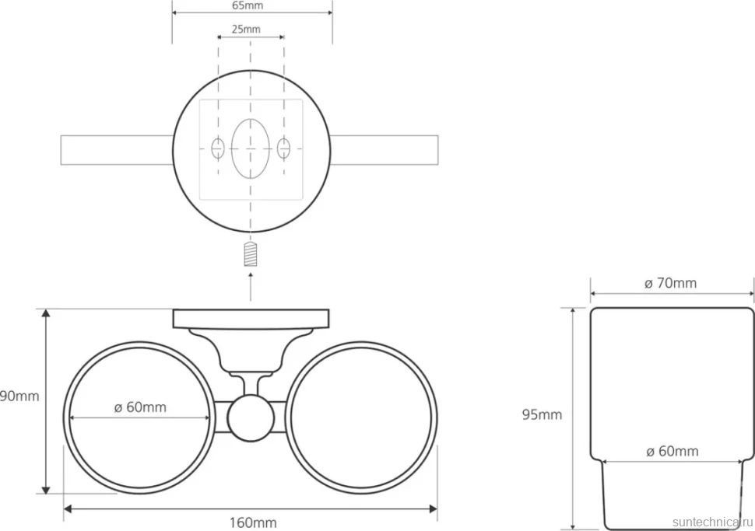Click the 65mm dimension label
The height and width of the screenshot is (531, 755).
tap(248, 5)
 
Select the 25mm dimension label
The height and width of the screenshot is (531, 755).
tap(246, 30)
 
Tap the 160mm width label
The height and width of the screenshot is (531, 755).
tap(253, 522)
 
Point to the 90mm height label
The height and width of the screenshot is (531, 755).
tap(19, 397)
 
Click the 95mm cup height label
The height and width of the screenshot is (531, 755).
tap(543, 414)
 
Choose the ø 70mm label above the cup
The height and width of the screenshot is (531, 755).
tap(671, 283)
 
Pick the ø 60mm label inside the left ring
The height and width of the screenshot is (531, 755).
tap(140, 407)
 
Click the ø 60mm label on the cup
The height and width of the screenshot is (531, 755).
tap(672, 451)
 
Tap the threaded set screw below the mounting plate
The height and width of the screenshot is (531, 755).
tap(251, 254)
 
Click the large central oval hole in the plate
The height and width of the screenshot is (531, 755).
tap(250, 148)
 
